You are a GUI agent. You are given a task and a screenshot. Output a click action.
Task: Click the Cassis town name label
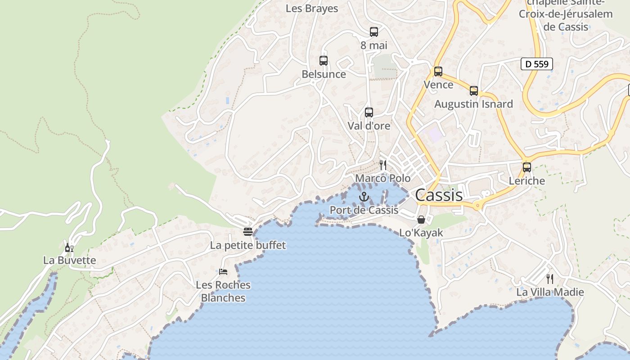point(439,195)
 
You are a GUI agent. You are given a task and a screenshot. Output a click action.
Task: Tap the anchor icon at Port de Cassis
point(364,197)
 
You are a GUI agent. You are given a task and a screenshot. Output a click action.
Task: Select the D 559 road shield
point(537,64)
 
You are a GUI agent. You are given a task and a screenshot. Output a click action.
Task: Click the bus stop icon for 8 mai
point(374,32)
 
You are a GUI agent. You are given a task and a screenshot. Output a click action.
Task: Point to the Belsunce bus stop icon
point(324,61)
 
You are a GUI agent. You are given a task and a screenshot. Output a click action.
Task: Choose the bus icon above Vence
point(438,72)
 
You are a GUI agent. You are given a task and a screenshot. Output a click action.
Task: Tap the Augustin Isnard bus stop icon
point(474,91)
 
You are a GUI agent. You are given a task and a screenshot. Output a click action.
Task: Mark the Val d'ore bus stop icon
point(369,112)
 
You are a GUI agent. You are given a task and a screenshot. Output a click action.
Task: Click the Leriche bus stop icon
point(527,167)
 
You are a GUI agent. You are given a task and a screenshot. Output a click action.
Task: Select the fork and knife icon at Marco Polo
point(383,165)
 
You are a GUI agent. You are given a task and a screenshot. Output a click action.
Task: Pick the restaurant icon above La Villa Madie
point(549,279)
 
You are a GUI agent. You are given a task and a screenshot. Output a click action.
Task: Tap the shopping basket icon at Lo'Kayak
point(421,220)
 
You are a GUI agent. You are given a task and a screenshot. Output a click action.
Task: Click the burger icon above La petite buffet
point(248,232)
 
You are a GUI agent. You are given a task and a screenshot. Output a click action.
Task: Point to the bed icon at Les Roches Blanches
point(223,271)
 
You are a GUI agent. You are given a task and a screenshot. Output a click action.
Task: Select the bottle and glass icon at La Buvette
point(69,247)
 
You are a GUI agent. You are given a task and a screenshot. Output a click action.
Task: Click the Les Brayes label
point(312,9)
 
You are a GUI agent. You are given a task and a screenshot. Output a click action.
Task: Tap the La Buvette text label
point(70,260)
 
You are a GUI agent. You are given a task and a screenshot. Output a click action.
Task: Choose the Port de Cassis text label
point(364,210)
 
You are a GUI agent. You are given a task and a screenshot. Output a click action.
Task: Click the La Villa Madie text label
point(550,292)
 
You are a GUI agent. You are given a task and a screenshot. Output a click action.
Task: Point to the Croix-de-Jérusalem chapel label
point(566,14)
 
